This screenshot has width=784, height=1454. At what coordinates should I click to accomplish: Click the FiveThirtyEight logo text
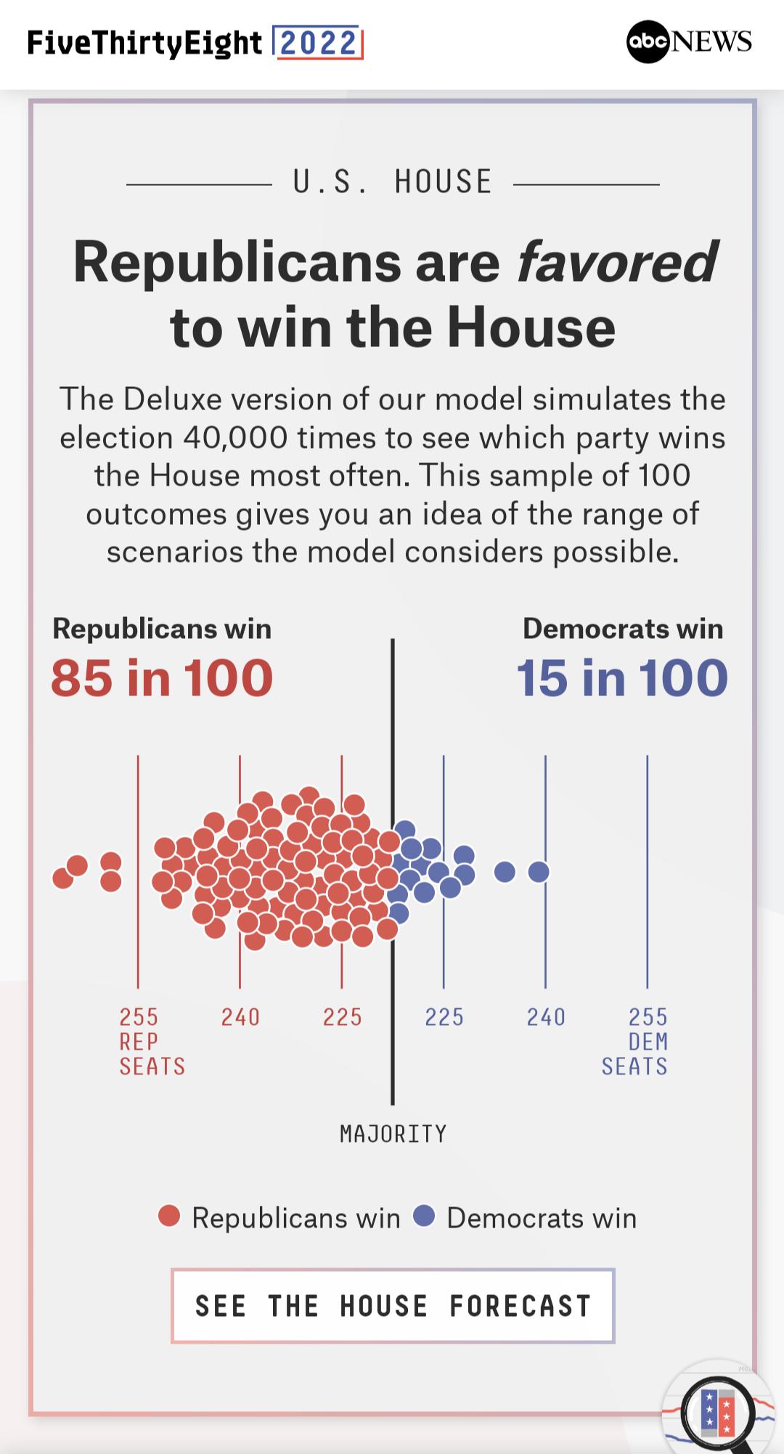click(144, 44)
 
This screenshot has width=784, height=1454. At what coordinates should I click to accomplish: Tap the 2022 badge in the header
click(317, 43)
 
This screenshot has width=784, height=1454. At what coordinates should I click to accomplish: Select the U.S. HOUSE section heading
click(393, 181)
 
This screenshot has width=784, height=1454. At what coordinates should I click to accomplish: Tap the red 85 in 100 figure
click(161, 678)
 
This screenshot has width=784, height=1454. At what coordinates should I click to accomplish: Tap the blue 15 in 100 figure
click(622, 678)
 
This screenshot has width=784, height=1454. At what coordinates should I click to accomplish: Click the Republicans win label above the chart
click(162, 629)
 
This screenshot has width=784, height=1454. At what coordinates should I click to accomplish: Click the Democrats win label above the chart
click(623, 629)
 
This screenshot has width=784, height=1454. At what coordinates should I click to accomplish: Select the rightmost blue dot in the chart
click(538, 871)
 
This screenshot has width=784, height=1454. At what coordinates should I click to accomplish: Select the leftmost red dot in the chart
click(63, 878)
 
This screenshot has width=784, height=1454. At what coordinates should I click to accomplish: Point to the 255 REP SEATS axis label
click(152, 1041)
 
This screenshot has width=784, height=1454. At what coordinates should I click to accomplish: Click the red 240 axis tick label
click(240, 1017)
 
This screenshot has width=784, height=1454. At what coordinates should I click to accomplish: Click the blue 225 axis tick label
click(444, 1017)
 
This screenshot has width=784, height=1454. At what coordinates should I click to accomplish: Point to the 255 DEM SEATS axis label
click(635, 1041)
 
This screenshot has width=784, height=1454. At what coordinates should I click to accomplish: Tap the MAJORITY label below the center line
click(393, 1134)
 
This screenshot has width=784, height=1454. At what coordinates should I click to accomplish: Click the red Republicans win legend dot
click(169, 1216)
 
